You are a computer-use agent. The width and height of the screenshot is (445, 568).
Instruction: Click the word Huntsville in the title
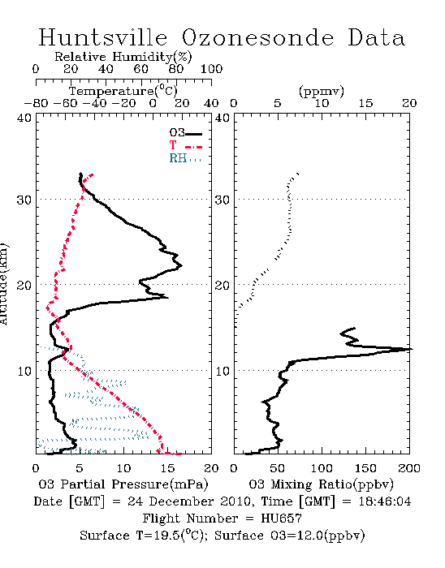click(x=103, y=37)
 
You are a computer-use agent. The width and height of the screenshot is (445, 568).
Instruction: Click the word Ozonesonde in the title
click(x=257, y=37)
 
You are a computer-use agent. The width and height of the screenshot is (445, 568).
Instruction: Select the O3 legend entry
click(x=185, y=132)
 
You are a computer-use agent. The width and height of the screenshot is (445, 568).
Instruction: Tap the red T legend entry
click(x=185, y=145)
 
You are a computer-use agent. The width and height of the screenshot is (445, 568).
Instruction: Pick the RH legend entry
click(x=185, y=158)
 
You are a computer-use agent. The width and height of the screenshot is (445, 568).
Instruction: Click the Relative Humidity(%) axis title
click(x=123, y=57)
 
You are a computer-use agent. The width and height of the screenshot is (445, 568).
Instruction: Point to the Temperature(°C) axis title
click(x=123, y=91)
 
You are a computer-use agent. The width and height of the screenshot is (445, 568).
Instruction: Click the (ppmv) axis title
click(x=322, y=92)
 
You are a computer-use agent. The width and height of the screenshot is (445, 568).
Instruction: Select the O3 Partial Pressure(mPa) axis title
click(x=123, y=484)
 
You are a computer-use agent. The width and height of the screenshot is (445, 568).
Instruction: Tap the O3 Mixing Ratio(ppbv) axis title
click(x=321, y=484)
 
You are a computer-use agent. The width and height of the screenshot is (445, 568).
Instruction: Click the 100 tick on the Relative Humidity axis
click(x=211, y=69)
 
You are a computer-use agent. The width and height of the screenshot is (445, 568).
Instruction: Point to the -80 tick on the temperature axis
click(x=36, y=103)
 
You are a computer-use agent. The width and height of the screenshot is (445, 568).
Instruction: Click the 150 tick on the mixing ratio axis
click(x=365, y=468)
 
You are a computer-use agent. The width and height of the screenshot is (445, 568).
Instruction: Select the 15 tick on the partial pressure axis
click(x=167, y=468)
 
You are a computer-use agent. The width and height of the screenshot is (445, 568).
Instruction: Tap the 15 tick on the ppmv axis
click(x=365, y=103)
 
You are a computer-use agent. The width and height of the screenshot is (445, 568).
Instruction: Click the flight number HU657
click(x=281, y=519)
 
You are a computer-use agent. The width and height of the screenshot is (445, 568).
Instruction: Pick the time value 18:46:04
click(x=385, y=501)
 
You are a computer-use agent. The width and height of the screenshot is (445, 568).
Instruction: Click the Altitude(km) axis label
click(x=3, y=284)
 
